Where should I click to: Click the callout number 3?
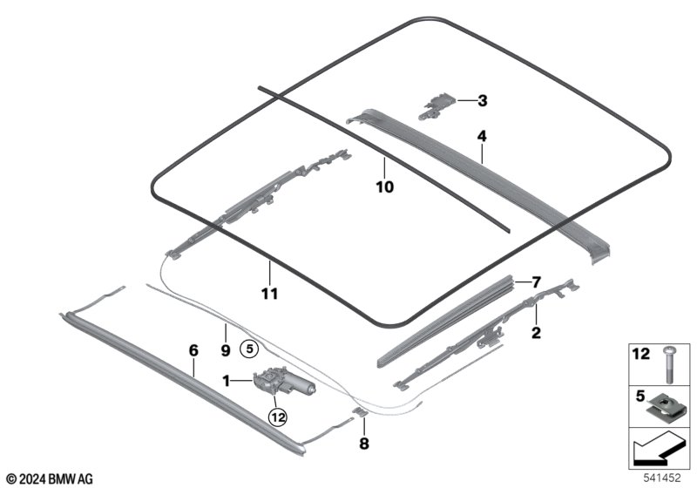(482, 101)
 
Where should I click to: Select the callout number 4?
(481, 136)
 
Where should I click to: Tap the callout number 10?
(384, 186)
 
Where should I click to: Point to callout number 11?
(270, 294)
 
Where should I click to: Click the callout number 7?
(537, 281)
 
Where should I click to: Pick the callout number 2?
(536, 332)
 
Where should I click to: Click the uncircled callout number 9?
(226, 350)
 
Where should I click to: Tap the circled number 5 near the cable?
(249, 349)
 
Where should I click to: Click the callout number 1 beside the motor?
(227, 380)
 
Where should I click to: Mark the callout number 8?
(364, 443)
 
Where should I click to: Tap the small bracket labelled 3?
(439, 103)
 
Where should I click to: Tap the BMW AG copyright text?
(49, 478)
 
